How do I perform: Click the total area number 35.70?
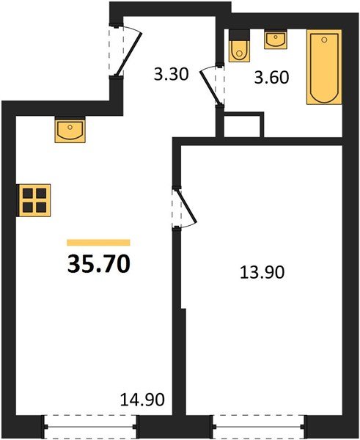(x=99, y=263)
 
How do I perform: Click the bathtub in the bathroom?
(x=324, y=67)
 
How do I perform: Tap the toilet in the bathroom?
(x=239, y=49)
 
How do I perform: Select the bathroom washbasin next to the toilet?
(x=276, y=39)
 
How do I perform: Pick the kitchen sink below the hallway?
(x=70, y=131)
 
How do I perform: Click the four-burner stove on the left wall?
(x=34, y=199)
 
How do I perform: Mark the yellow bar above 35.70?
(x=98, y=242)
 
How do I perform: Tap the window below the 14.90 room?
(x=91, y=423)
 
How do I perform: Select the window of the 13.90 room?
(x=259, y=423)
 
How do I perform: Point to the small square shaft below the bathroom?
(x=243, y=125)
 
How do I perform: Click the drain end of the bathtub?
(x=324, y=95)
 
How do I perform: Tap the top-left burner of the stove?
(x=28, y=194)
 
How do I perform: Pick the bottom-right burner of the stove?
(x=40, y=206)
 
